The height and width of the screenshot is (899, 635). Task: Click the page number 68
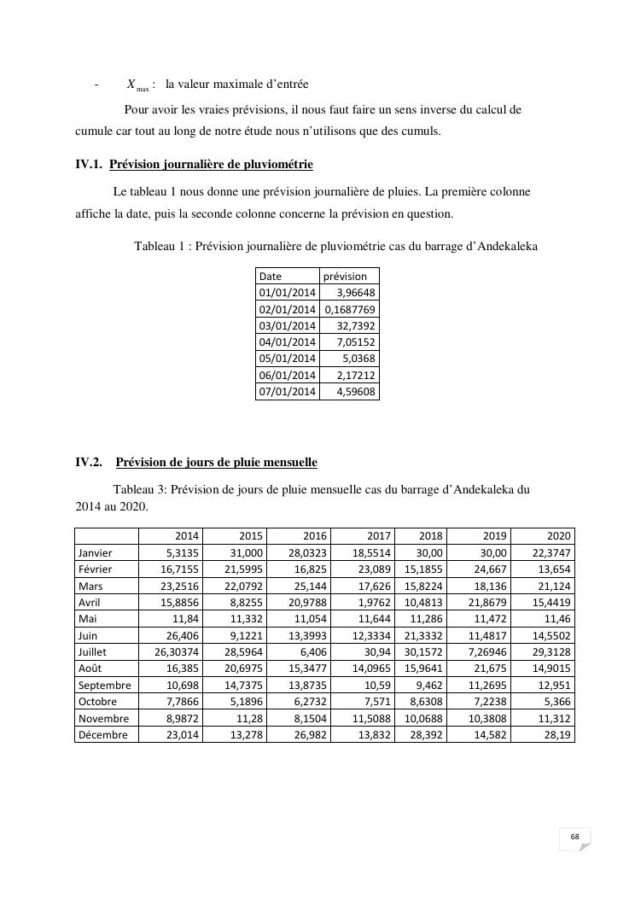(x=575, y=836)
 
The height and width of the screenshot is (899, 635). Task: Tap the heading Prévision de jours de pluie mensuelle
(x=216, y=462)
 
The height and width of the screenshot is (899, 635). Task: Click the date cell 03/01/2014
(x=288, y=325)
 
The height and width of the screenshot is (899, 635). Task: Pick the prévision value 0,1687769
(x=350, y=309)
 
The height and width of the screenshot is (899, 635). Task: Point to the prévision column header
(x=345, y=276)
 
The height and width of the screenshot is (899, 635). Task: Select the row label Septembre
(x=104, y=685)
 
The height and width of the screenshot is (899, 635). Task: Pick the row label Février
(x=96, y=569)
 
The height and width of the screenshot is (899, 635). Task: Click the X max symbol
(x=137, y=85)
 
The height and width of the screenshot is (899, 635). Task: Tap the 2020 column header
(x=558, y=536)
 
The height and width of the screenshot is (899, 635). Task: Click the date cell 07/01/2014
(x=288, y=392)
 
